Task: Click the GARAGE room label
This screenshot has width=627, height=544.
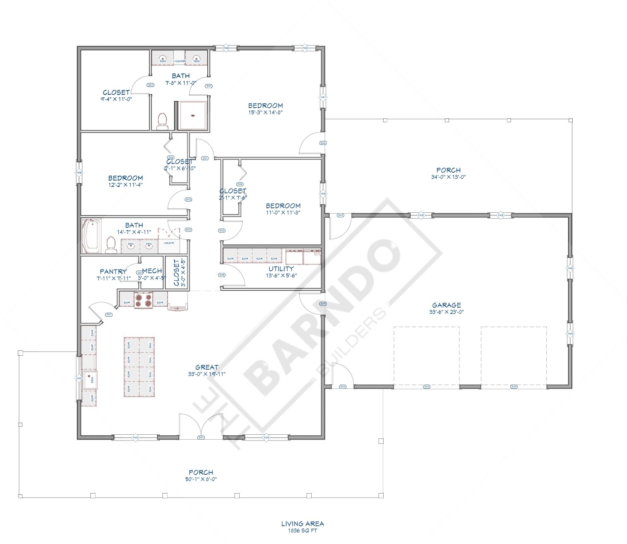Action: coord(447,305)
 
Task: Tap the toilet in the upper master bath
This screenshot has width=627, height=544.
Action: coord(162,120)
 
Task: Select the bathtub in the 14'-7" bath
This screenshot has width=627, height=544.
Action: coord(91,236)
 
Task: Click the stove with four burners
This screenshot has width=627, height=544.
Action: coord(144,300)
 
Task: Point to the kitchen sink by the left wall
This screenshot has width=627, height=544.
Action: coord(90,379)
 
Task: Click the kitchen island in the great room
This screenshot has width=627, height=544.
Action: coord(139,367)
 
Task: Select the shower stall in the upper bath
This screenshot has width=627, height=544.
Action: coord(192,115)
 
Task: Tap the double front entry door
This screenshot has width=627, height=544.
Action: coord(201,426)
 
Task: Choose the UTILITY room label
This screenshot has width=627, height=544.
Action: coord(281,269)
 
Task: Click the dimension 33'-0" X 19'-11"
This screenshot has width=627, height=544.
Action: coord(207,374)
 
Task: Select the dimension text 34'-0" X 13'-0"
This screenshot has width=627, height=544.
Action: coord(448,177)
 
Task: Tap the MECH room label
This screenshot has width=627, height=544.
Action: coord(152,271)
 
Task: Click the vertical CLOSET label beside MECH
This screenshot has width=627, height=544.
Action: coord(176,272)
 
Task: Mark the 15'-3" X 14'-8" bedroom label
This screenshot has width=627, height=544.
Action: coord(265,112)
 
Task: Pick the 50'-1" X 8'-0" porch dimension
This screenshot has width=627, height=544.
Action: coord(201,479)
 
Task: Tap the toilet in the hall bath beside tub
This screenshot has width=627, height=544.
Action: coord(111,244)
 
